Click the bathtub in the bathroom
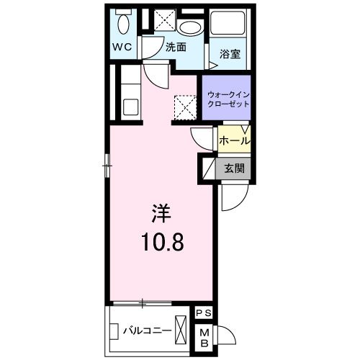(230, 27)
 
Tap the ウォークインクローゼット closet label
(228, 99)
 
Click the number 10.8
(161, 242)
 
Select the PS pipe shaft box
(204, 313)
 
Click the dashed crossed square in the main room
(185, 108)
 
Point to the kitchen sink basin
(130, 106)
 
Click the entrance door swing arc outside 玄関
(234, 198)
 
